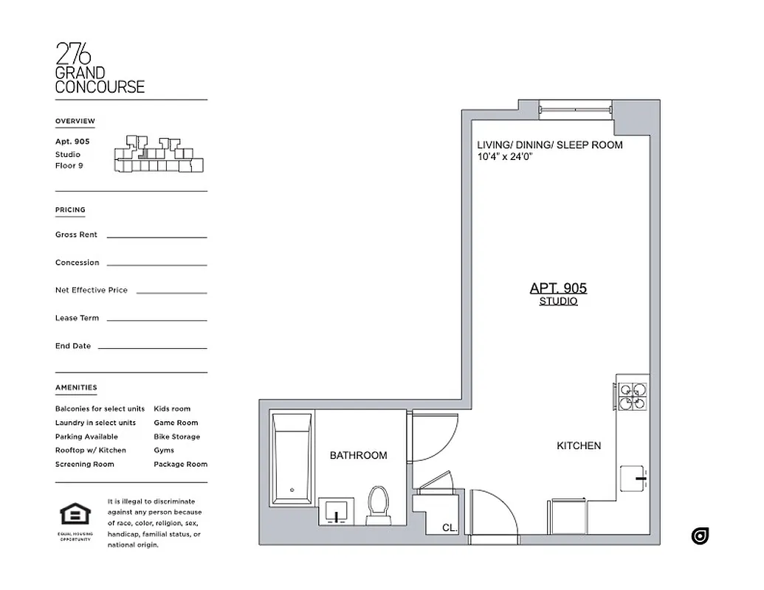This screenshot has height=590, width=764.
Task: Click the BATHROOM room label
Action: pyautogui.click(x=358, y=456)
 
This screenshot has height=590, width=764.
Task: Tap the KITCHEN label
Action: pyautogui.click(x=579, y=446)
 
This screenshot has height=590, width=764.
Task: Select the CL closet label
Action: pyautogui.click(x=449, y=528)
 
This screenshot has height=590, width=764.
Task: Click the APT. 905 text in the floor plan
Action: pyautogui.click(x=558, y=288)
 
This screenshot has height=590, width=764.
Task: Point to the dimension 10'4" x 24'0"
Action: pyautogui.click(x=506, y=157)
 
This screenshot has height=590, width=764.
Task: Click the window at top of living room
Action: pyautogui.click(x=576, y=108)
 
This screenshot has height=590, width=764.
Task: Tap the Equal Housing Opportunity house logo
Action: pyautogui.click(x=75, y=514)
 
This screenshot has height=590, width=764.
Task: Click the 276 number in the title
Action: pyautogui.click(x=74, y=54)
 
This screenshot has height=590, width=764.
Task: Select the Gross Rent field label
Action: pyautogui.click(x=76, y=235)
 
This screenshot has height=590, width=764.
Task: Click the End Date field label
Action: pyautogui.click(x=72, y=346)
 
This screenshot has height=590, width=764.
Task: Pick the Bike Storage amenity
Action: pyautogui.click(x=176, y=437)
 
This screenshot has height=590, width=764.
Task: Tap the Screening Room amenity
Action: pyautogui.click(x=84, y=465)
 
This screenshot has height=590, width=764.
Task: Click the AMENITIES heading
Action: pyautogui.click(x=75, y=387)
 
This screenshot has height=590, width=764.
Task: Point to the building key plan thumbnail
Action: pyautogui.click(x=158, y=155)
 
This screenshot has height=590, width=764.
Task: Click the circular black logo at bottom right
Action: pyautogui.click(x=700, y=536)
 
